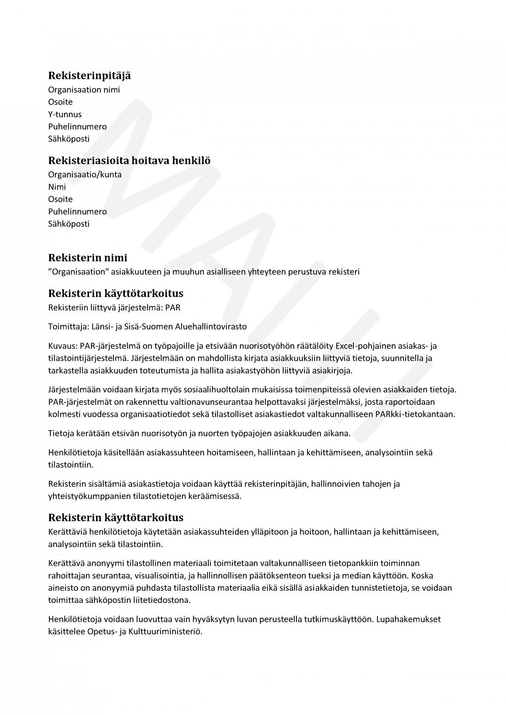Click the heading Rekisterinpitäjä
click(89, 76)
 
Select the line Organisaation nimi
click(84, 90)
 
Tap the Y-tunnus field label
click(65, 114)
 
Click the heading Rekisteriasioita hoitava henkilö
click(129, 161)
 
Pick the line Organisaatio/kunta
click(85, 174)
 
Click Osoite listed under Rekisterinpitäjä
click(60, 102)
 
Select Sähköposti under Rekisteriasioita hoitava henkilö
click(69, 224)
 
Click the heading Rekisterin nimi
click(88, 257)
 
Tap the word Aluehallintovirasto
click(211, 327)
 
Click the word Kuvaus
click(62, 346)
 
